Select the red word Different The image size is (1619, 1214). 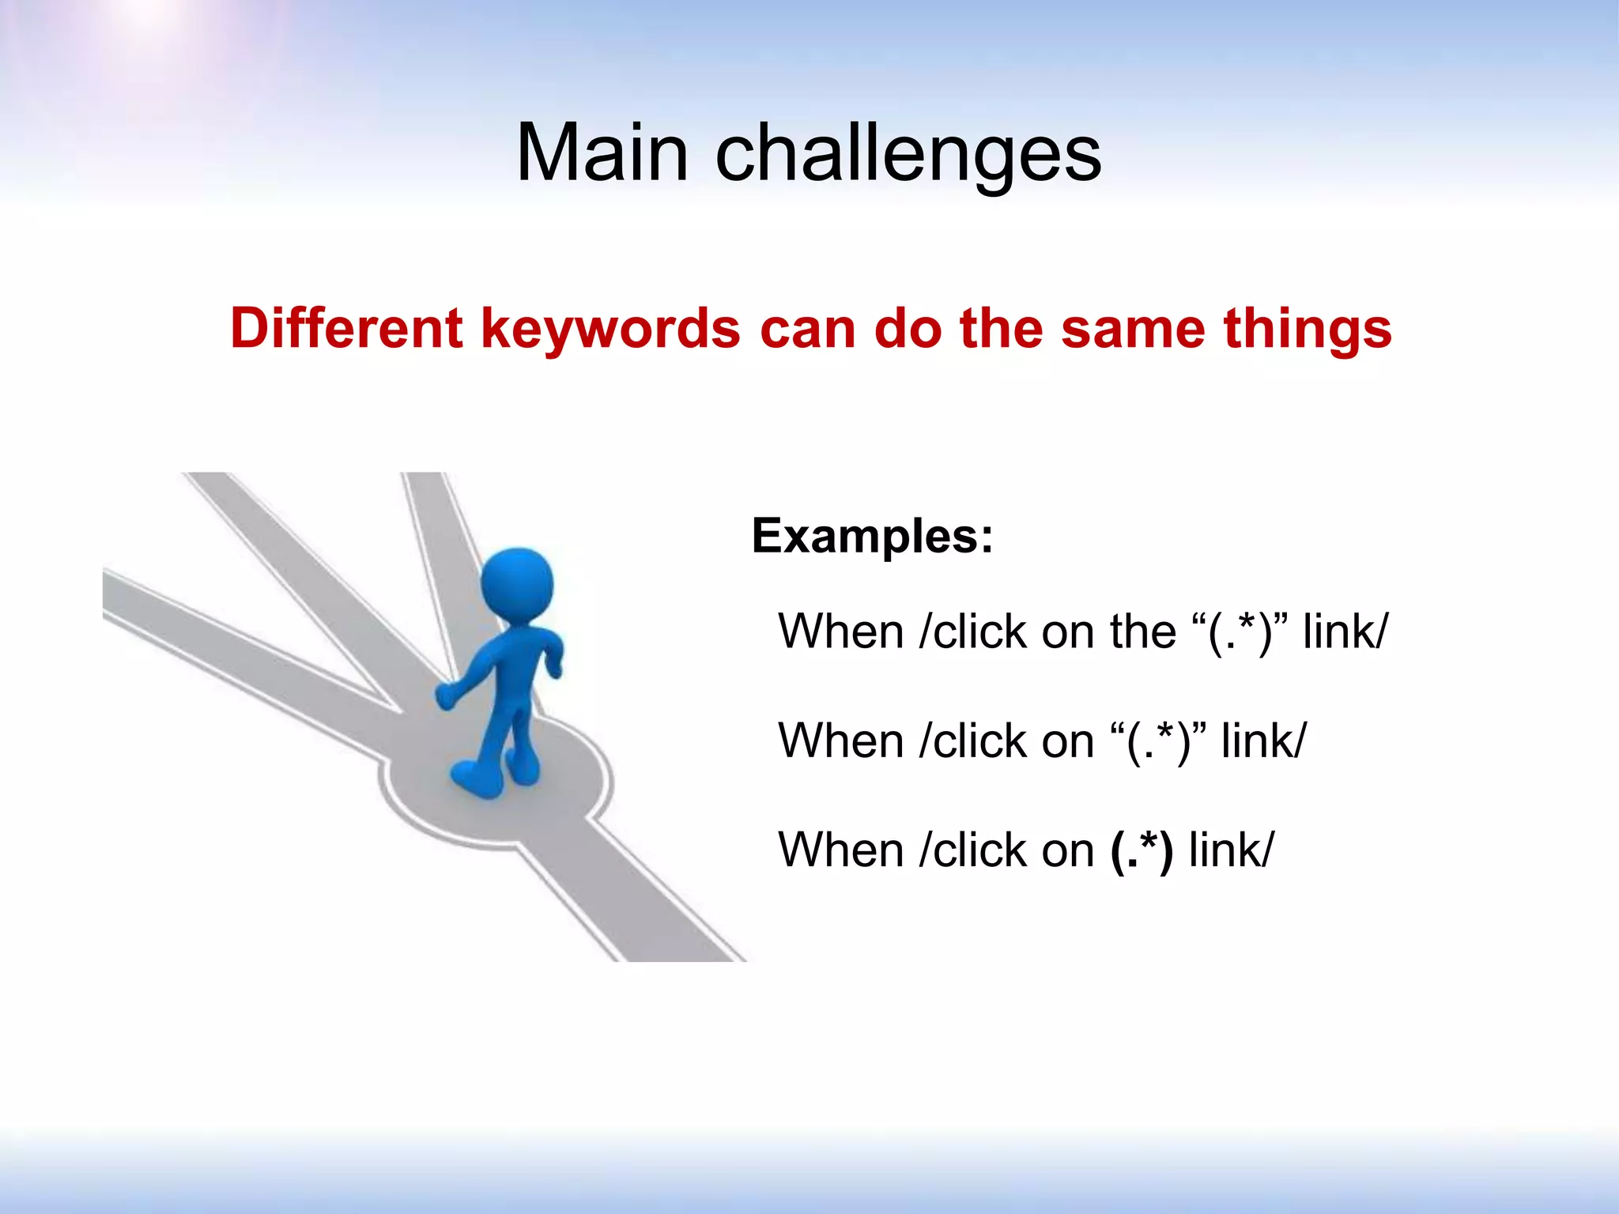[345, 328]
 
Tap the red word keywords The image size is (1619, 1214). [610, 330]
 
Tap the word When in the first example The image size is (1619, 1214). [841, 632]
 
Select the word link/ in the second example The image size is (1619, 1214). [1263, 741]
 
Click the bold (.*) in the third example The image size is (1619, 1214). [1142, 850]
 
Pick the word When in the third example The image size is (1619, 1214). [841, 850]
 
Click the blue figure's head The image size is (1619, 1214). [517, 585]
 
